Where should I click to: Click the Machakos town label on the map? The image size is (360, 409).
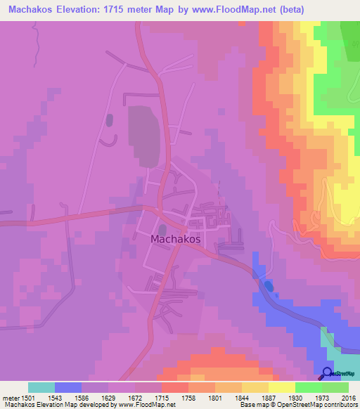pos(176,239)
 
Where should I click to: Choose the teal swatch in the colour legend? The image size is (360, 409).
pos(41,387)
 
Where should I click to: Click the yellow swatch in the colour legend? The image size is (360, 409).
pos(281,387)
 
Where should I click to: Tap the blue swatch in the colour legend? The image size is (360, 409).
pos(68,387)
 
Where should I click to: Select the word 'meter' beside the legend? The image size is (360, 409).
pos(11,398)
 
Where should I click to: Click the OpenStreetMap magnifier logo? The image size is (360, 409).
pos(328,374)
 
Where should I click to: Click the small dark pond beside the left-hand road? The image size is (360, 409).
pos(109,120)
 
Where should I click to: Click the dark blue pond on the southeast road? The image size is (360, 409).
pos(269,286)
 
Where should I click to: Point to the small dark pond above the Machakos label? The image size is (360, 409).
pos(163,229)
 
